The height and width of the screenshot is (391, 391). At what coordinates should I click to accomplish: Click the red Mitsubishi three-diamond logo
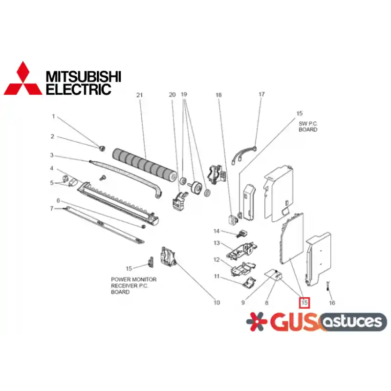click(23, 79)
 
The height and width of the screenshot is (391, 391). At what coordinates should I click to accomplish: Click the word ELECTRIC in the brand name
click(79, 89)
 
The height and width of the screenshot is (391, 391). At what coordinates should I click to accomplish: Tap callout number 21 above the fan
click(139, 95)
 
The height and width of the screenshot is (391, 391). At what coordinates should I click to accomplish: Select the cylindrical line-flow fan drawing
click(145, 164)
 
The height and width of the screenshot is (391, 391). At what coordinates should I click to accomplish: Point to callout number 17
click(261, 94)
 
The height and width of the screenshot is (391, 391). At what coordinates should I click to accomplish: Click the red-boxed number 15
click(304, 303)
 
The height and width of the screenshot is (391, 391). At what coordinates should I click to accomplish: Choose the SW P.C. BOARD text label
click(308, 127)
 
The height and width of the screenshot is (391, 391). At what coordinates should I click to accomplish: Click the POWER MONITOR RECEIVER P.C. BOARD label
click(133, 285)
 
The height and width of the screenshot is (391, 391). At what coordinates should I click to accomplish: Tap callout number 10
click(217, 303)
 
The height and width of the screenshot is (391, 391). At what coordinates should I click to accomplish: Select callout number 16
click(332, 303)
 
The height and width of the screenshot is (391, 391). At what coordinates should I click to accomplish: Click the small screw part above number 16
click(327, 286)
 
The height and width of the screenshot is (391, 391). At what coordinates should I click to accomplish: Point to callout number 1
click(53, 116)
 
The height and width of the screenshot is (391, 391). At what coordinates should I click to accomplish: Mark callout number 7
click(52, 209)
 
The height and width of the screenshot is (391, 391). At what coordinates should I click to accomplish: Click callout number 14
click(217, 231)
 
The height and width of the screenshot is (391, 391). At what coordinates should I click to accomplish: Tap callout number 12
click(217, 260)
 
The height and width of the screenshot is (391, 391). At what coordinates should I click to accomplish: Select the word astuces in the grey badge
click(352, 322)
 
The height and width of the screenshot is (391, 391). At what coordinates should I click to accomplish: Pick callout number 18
click(218, 95)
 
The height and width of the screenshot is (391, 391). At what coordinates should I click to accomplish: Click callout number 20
click(173, 95)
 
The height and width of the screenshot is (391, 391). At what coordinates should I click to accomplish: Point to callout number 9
click(243, 303)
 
